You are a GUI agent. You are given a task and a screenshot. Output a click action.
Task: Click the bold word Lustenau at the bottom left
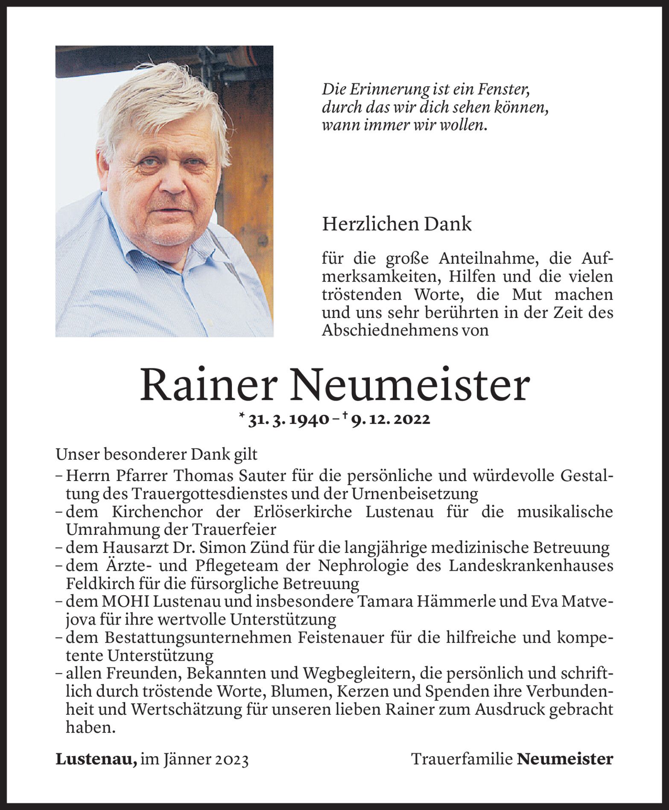[96, 759]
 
